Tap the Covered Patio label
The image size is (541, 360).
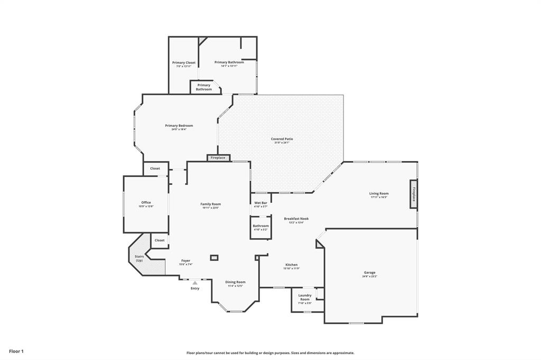point(282,139)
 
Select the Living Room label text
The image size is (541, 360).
point(379,194)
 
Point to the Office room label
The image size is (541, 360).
point(146,203)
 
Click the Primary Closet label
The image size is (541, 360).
point(183,63)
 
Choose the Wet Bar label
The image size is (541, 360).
point(260,203)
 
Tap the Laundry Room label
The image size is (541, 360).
point(305,297)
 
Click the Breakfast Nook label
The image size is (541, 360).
point(296,219)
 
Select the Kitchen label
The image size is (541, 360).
point(291,265)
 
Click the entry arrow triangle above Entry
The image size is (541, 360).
point(195,283)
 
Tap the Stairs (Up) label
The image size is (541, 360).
point(139,259)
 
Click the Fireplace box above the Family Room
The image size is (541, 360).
point(218,158)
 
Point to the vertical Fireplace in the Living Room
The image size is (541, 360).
point(414,194)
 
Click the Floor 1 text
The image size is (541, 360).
point(16,351)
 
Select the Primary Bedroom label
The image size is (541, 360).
point(179,126)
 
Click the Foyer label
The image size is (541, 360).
point(185,261)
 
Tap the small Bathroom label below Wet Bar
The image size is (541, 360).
point(260,226)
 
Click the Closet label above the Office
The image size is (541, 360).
point(155,168)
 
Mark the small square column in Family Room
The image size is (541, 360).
point(214,258)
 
